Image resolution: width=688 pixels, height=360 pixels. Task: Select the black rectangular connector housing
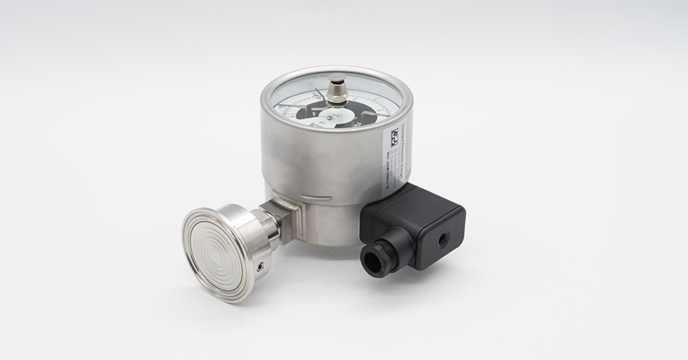[x=417, y=222]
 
